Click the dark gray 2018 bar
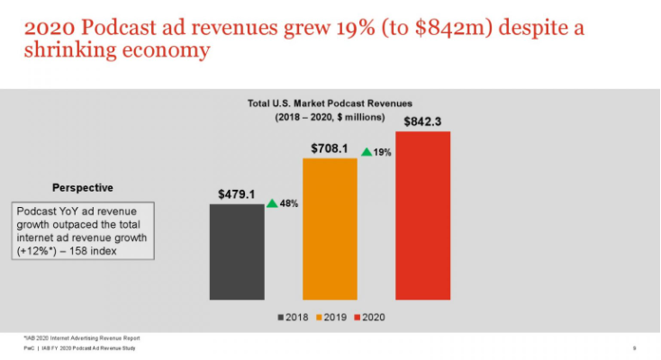point(237,251)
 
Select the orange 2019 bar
point(330,229)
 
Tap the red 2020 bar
point(422,215)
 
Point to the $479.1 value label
point(237,193)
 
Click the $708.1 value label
point(330,148)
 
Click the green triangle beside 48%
point(272,203)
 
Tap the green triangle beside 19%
point(366,152)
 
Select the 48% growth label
point(289,204)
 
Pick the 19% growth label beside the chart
point(382,153)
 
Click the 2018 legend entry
point(292,317)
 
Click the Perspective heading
point(82,187)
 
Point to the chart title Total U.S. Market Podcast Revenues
point(330,103)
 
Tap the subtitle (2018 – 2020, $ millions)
point(330,117)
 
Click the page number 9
point(635,347)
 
